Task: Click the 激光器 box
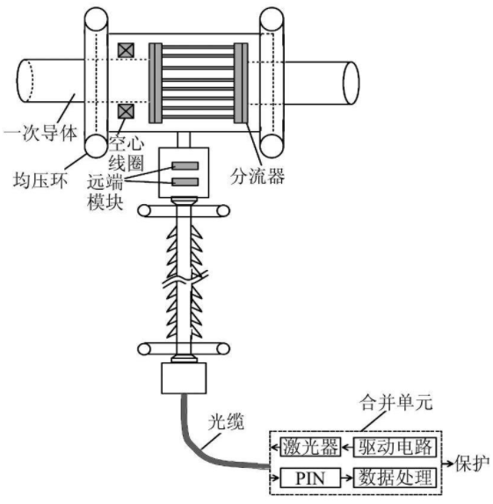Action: click(x=310, y=447)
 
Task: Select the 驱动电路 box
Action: click(x=395, y=447)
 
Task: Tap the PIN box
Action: click(x=310, y=478)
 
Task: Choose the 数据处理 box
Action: click(x=395, y=478)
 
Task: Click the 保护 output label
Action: click(x=473, y=464)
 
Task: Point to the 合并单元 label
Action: click(x=396, y=402)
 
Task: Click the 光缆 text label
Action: click(x=226, y=421)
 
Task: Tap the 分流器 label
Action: click(x=257, y=176)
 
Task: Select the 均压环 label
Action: click(x=40, y=179)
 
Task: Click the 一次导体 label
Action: click(x=40, y=133)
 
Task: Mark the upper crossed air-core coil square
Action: click(x=126, y=50)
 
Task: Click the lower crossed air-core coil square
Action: click(x=126, y=111)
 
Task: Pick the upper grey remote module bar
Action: click(x=185, y=166)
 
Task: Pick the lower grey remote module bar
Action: click(x=185, y=182)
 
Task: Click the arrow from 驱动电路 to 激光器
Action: click(x=347, y=447)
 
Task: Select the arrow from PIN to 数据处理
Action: click(x=347, y=478)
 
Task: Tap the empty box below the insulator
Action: click(x=184, y=378)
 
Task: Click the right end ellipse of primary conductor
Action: click(x=351, y=83)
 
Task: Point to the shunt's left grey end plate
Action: click(x=156, y=83)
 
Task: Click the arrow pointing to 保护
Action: click(x=448, y=464)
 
